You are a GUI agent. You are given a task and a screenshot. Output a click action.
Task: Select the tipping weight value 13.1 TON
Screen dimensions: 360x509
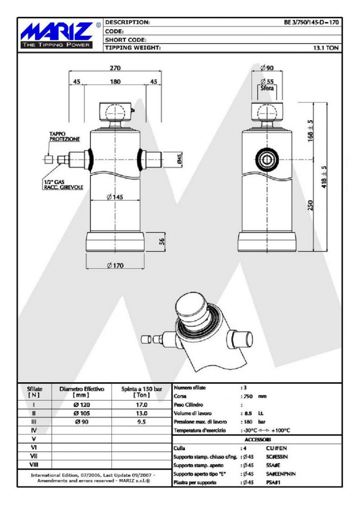click(x=326, y=48)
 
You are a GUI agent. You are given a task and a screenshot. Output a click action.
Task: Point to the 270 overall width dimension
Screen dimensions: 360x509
click(x=115, y=68)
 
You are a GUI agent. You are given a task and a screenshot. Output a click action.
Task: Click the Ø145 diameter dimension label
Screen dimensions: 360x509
click(x=115, y=197)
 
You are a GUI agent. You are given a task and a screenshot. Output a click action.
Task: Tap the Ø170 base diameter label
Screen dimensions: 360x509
click(x=115, y=265)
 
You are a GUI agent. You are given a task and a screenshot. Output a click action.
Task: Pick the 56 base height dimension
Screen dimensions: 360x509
click(x=162, y=241)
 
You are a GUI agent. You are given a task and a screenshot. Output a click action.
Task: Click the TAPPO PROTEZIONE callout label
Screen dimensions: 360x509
click(x=64, y=136)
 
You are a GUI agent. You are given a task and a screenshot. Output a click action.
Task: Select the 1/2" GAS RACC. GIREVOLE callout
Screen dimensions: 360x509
click(x=64, y=185)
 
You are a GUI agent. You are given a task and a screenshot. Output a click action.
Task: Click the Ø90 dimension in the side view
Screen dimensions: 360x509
click(x=267, y=68)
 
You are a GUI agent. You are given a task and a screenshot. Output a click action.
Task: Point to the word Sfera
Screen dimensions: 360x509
click(x=267, y=88)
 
